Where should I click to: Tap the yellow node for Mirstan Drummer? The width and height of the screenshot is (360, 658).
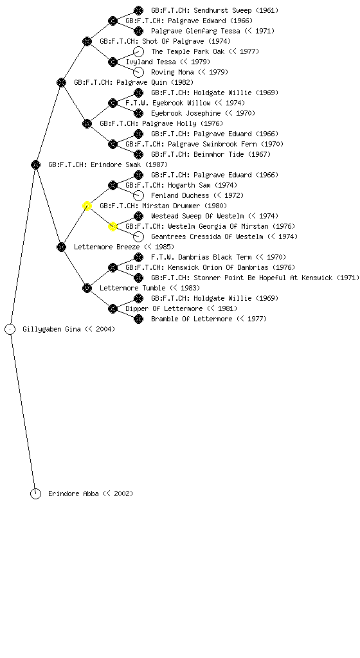pos(87,206)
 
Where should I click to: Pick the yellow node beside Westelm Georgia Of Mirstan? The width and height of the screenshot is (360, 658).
pos(113,227)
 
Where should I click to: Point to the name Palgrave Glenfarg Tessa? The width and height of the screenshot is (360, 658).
pos(195,31)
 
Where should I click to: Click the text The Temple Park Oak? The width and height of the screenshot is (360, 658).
pos(188,51)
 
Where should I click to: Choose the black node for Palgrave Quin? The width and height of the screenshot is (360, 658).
pos(61,83)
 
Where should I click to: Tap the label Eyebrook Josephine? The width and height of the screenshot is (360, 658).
pos(186,113)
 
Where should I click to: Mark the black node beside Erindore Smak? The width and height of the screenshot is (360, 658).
pos(35,165)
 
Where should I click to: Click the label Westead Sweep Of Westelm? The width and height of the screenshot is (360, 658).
pos(197,216)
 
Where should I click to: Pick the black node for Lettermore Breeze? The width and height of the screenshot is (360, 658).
pos(61,247)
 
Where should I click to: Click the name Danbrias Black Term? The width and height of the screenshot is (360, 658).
pos(215,257)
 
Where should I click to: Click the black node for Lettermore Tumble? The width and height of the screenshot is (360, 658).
pos(87,289)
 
